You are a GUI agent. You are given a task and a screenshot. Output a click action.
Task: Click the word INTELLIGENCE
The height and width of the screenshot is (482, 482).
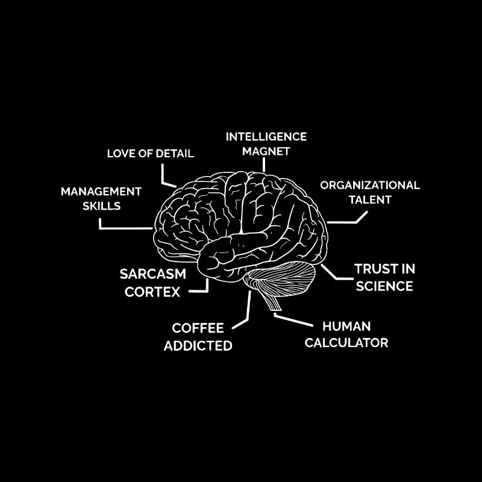click(x=266, y=136)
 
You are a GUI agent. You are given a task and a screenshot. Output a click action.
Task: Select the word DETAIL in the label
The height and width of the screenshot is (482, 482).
click(x=175, y=153)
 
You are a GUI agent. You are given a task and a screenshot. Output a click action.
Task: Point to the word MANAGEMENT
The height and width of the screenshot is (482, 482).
click(x=101, y=192)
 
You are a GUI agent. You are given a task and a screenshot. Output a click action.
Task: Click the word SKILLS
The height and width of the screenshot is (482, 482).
click(x=102, y=205)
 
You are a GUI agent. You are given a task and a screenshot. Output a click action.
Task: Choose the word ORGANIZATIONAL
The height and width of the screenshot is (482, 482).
click(x=370, y=185)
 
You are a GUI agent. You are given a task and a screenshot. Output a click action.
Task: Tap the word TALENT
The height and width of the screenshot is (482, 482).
click(x=371, y=199)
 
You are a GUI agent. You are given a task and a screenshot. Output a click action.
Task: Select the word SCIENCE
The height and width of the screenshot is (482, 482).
click(x=384, y=286)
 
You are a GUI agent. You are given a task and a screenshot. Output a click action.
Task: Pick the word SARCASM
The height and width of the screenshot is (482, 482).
click(x=153, y=274)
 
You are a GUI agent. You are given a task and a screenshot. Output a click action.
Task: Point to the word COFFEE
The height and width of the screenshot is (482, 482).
click(x=198, y=328)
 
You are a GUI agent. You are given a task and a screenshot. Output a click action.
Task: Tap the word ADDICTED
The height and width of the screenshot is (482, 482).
click(x=198, y=346)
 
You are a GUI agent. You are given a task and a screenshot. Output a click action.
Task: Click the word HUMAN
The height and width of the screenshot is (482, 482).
click(x=346, y=326)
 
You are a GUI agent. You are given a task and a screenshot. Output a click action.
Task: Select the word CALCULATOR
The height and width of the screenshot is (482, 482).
click(x=346, y=343)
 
